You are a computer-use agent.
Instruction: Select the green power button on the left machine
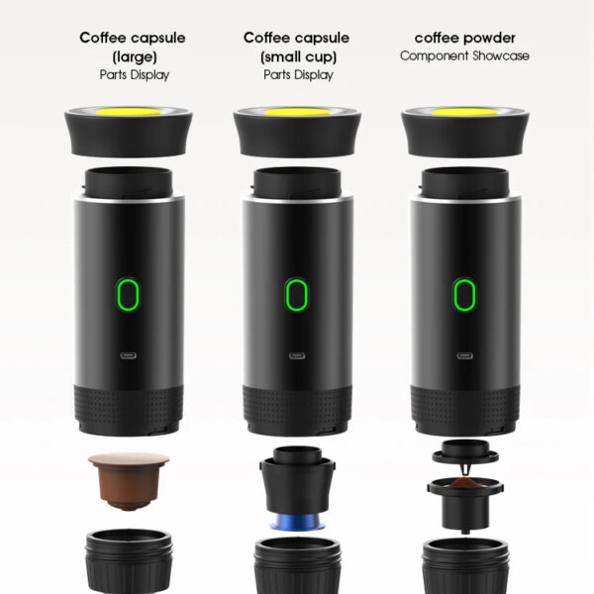129,293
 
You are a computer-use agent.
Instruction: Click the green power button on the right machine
463,293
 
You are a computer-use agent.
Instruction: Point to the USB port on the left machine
129,355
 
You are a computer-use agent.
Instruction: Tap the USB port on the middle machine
296,355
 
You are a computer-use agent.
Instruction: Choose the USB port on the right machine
463,355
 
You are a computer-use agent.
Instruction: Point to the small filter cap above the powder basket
463,450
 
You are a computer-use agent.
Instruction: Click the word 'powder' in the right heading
487,38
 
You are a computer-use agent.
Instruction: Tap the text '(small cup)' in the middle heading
296,56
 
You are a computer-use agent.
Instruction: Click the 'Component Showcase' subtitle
463,56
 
